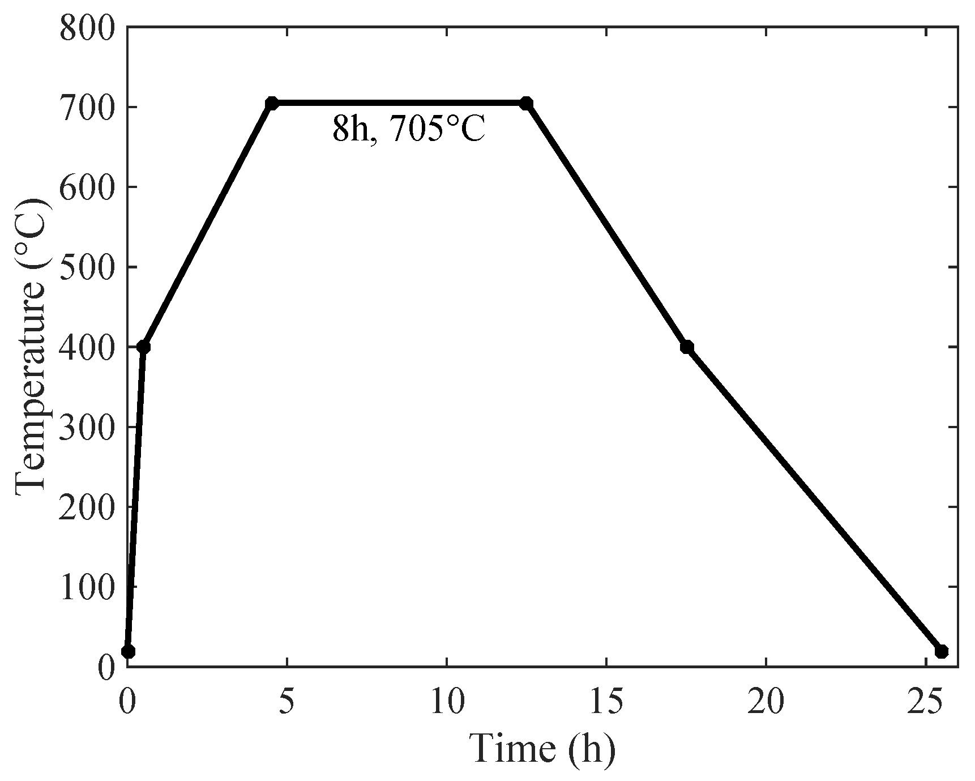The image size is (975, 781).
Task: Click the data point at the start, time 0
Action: click(x=128, y=651)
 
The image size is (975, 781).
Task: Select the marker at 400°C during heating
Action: click(x=144, y=347)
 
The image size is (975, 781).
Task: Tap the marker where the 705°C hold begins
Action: click(x=272, y=103)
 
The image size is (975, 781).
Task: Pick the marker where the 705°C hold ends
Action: click(x=527, y=103)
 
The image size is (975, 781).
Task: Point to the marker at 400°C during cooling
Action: click(x=687, y=347)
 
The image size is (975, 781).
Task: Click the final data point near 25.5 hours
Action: click(x=942, y=651)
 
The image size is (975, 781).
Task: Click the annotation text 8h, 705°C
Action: click(x=409, y=130)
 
